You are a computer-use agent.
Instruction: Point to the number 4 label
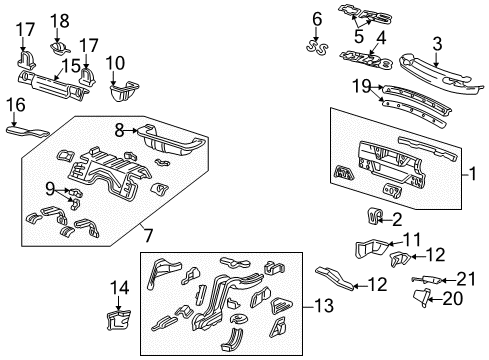pos(380,37)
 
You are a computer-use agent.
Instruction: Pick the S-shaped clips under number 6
pos(318,45)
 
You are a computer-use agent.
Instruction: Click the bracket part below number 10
pos(122,96)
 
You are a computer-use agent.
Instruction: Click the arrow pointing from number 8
pos(136,129)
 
